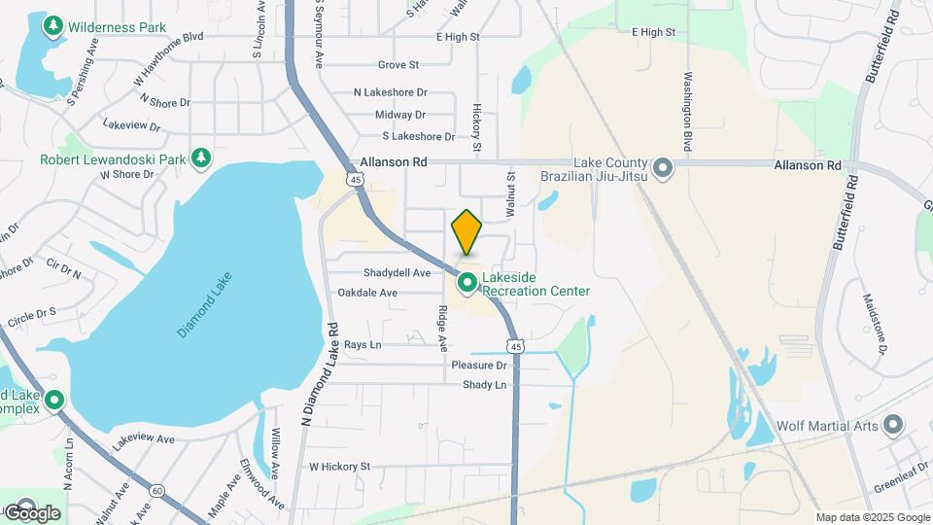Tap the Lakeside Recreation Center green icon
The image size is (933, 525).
pos(467,283)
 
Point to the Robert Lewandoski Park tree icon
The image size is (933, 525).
pos(201,157)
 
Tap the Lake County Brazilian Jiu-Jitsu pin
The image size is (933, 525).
pos(664,169)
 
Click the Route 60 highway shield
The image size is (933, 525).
pos(157,490)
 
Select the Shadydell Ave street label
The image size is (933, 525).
pos(397,273)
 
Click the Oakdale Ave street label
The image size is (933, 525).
pos(367,293)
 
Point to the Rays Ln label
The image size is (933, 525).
pos(363,345)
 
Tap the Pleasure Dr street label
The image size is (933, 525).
pos(479,366)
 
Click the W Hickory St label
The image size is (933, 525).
pos(340,467)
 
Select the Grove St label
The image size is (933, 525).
pos(398,65)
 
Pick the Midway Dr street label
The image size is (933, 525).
pos(400,115)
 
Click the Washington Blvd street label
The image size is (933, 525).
pos(687,111)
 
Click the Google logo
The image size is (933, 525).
pos(31,512)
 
